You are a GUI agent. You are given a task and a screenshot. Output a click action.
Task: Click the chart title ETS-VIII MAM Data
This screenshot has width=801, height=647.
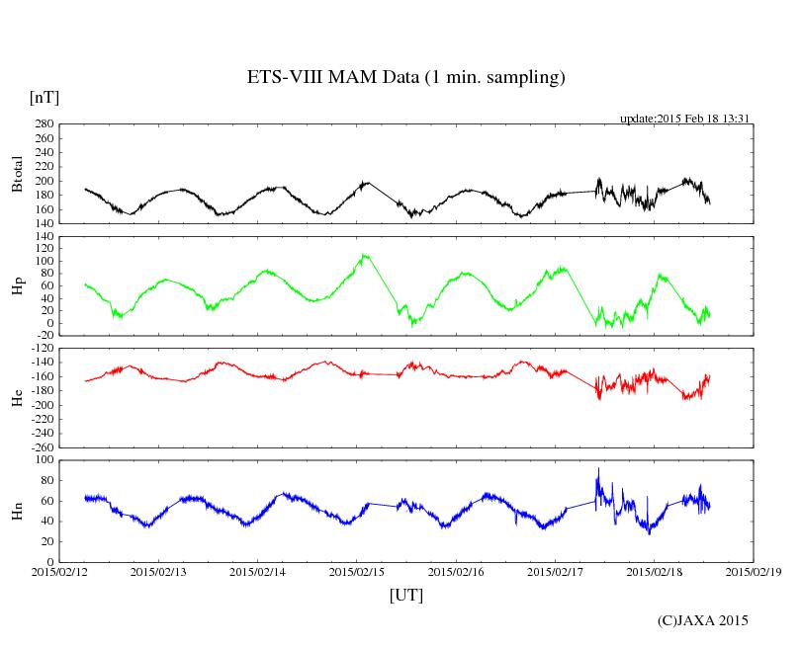405,77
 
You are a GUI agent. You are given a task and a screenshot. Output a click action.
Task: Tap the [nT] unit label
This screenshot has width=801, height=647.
44,97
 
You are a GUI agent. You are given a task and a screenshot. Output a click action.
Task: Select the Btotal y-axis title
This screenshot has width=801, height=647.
17,174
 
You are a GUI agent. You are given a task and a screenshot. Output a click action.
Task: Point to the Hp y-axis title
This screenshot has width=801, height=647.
17,287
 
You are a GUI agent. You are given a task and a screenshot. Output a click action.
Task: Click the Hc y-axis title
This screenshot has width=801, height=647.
17,398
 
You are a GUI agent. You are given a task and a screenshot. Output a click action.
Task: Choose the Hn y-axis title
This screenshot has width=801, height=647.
17,511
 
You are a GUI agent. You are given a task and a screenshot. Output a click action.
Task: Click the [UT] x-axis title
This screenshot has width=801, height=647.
405,595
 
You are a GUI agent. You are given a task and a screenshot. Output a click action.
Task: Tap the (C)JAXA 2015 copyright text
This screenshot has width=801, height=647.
702,620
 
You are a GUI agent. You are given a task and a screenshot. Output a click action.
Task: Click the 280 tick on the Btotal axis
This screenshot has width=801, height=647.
43,124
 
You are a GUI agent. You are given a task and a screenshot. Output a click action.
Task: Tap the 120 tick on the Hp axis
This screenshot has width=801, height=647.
43,237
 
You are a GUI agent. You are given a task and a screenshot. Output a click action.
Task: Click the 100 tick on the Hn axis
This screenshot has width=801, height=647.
43,460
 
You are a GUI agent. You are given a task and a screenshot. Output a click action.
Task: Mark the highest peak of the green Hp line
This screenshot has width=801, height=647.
365,255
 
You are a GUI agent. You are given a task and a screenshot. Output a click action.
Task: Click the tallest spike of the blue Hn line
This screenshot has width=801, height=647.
597,469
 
